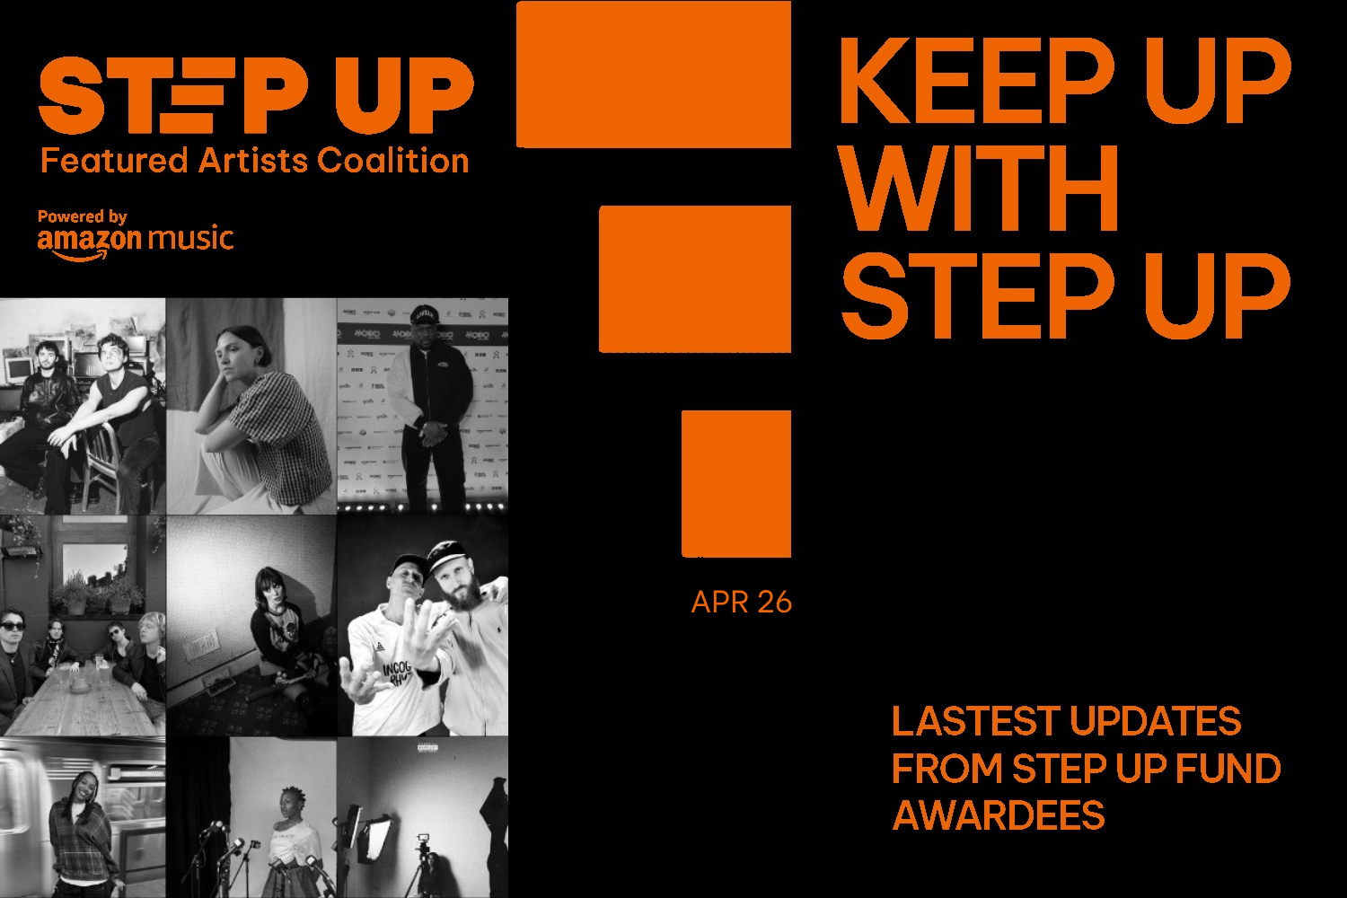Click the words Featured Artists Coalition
tap(255, 161)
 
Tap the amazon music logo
tap(135, 241)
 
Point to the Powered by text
tap(82, 216)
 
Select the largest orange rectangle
tap(653, 74)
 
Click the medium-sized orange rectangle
tap(694, 278)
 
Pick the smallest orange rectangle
tap(735, 483)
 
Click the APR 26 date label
tap(741, 602)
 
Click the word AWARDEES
tap(998, 815)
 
